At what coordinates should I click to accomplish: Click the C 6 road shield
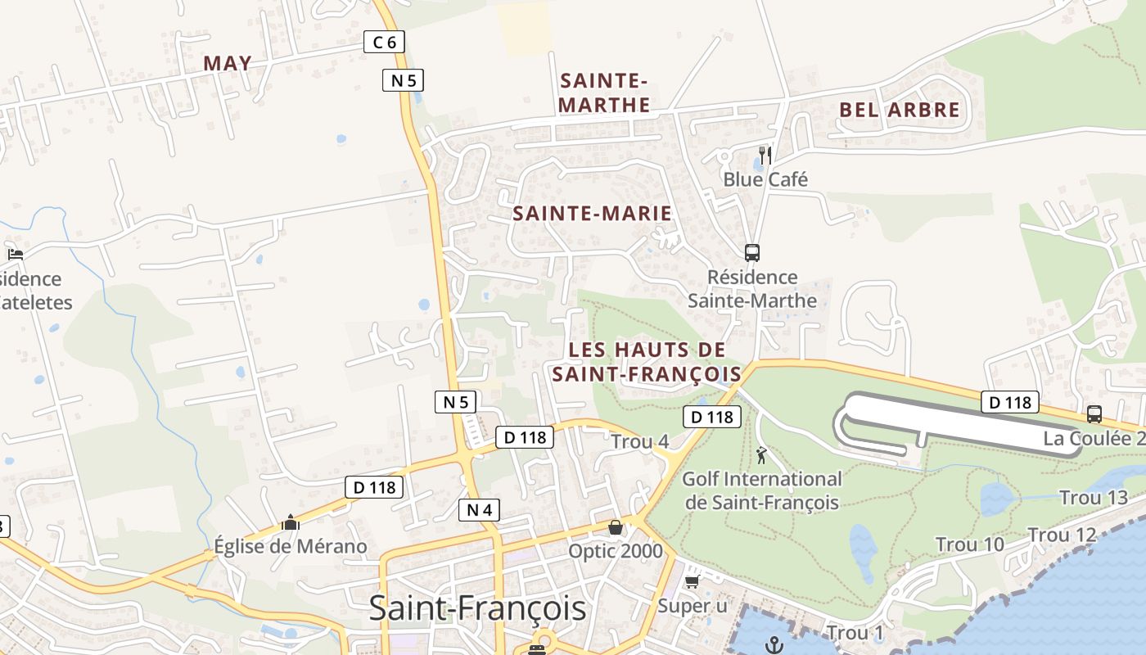click(384, 42)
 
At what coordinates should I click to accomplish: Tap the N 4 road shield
click(478, 510)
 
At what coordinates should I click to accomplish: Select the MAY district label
click(228, 63)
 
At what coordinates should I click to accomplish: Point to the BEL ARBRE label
click(899, 110)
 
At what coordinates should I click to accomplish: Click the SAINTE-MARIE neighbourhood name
click(592, 214)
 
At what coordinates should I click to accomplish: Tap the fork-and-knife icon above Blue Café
click(765, 154)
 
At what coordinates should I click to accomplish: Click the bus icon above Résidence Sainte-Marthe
click(752, 252)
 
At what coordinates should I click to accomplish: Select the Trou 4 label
click(640, 442)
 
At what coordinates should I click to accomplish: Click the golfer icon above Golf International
click(762, 454)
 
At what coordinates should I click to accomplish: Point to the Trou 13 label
click(1094, 498)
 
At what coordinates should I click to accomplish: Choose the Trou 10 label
click(970, 544)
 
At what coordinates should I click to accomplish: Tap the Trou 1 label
click(855, 633)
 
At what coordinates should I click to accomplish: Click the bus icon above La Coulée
click(1094, 414)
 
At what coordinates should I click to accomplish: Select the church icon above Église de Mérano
click(291, 522)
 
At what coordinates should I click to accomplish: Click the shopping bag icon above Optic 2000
click(616, 527)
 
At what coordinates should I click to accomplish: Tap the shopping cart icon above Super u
click(692, 582)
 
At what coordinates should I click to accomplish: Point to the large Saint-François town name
click(477, 608)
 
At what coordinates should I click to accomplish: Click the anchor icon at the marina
click(774, 645)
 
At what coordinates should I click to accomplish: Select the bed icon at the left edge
click(15, 254)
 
